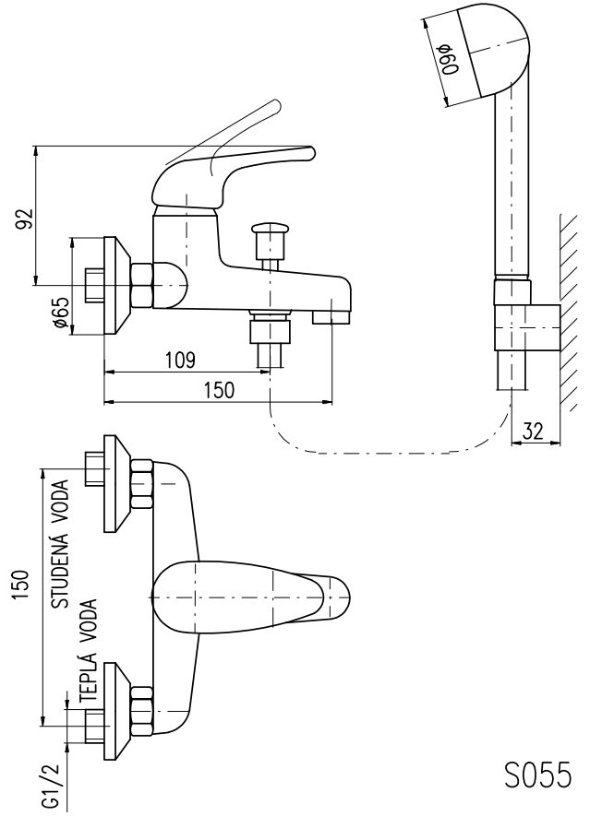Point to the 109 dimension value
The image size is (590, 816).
(180, 360)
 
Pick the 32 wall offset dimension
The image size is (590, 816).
(533, 431)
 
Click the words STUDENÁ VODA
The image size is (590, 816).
(60, 545)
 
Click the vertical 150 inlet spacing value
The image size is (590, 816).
(21, 585)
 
